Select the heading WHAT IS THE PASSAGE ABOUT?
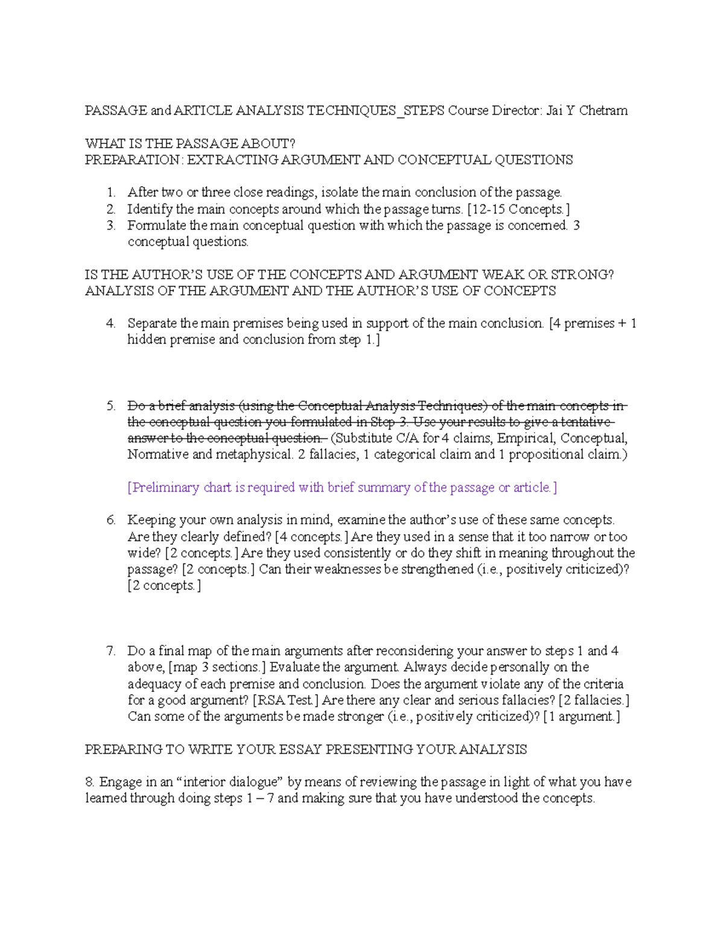click(191, 143)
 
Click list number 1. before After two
click(111, 193)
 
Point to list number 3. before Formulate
click(111, 225)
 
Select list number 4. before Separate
click(111, 324)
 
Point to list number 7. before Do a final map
click(111, 651)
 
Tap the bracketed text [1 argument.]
click(581, 717)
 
